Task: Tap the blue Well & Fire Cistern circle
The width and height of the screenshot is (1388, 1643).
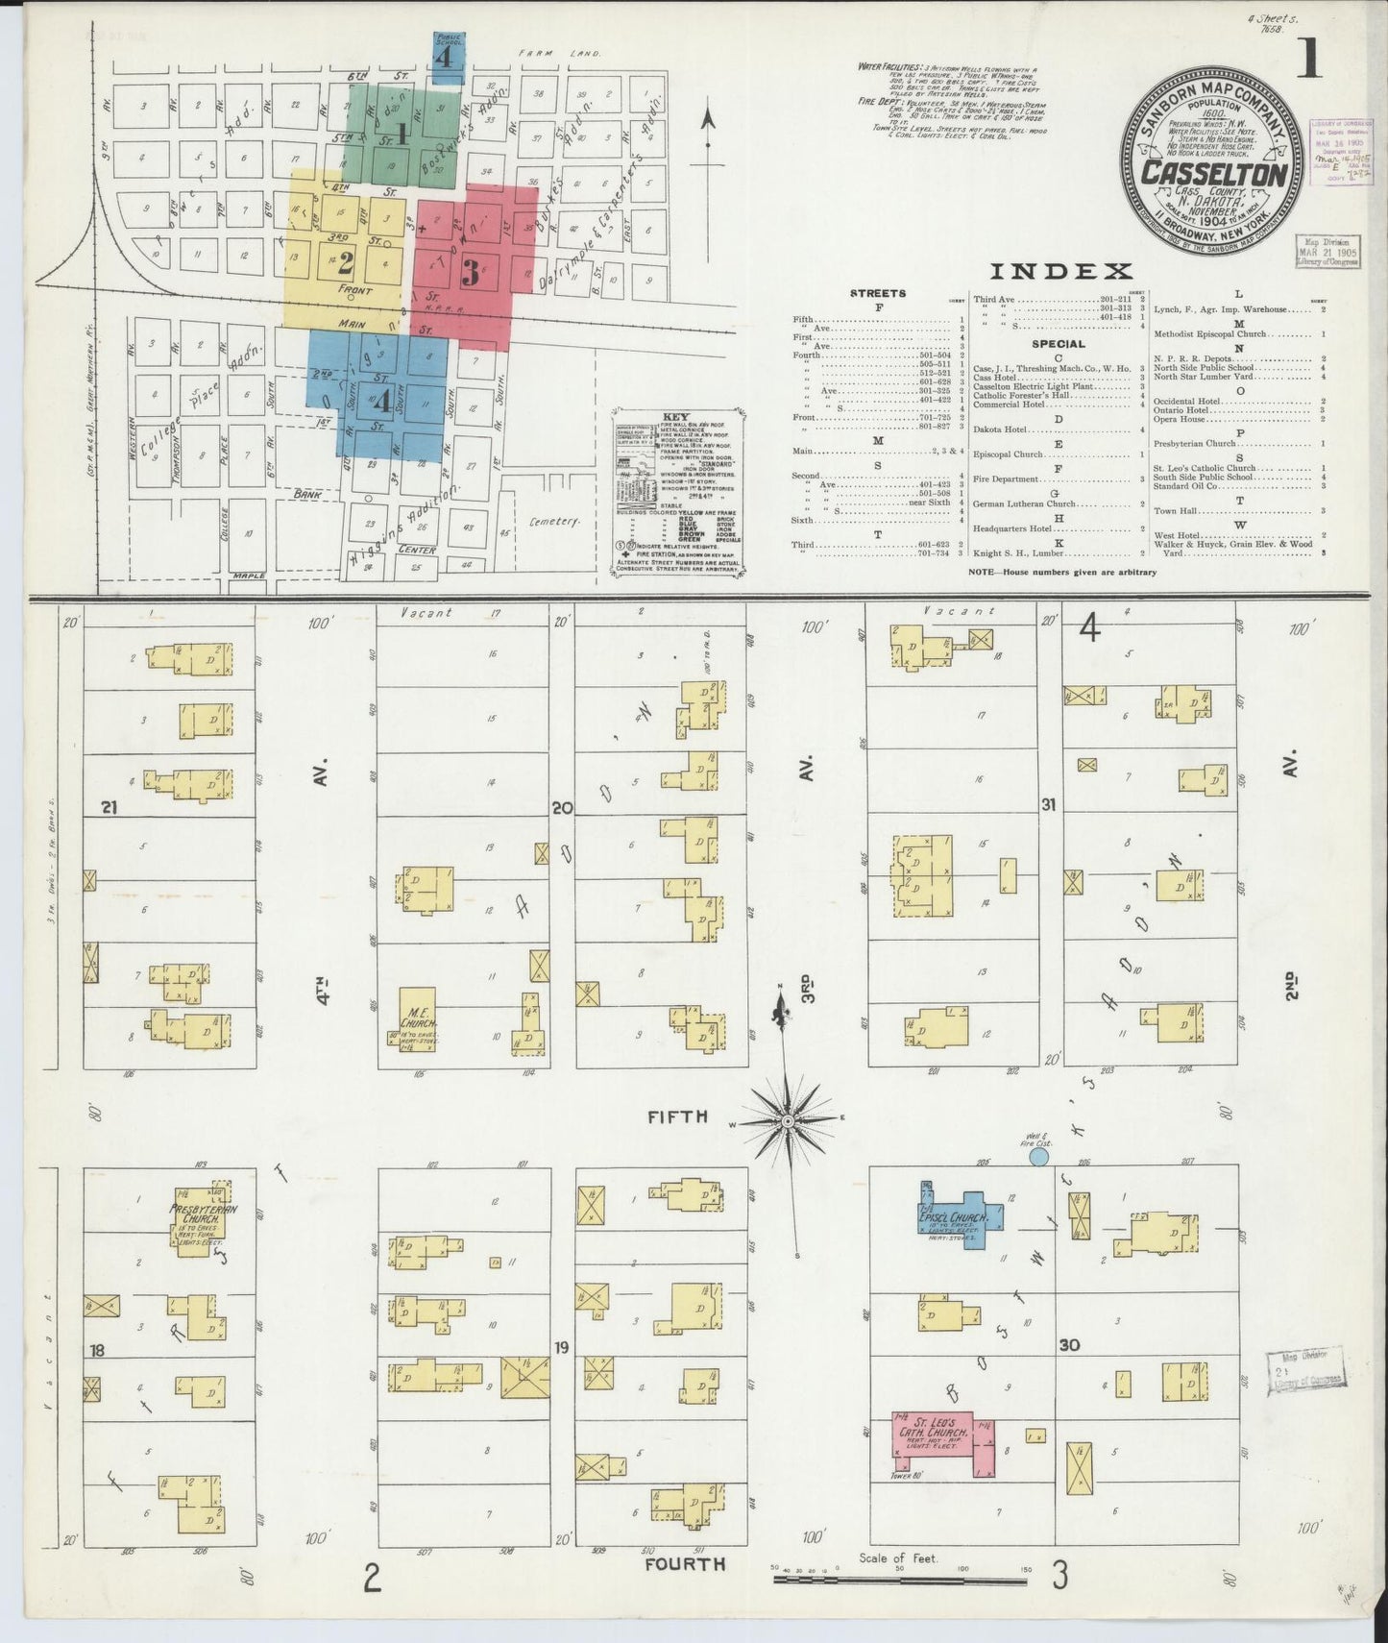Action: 1037,1157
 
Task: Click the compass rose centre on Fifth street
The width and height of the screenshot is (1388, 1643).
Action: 787,1120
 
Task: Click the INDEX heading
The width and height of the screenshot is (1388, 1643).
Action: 1060,271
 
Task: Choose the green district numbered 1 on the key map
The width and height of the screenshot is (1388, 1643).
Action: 402,135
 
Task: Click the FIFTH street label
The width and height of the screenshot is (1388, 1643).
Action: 677,1116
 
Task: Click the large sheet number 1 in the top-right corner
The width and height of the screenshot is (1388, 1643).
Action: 1308,62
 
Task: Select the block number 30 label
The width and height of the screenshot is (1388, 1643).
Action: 1069,1345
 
